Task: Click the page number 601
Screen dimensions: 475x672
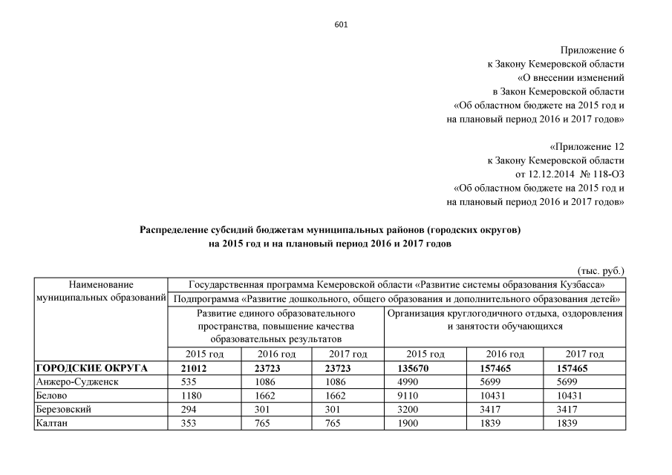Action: (341, 24)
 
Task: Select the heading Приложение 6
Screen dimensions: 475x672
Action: (593, 50)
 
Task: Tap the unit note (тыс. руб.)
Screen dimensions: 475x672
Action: (601, 271)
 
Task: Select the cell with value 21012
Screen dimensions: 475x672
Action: (197, 368)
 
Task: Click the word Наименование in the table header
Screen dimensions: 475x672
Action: (101, 284)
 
